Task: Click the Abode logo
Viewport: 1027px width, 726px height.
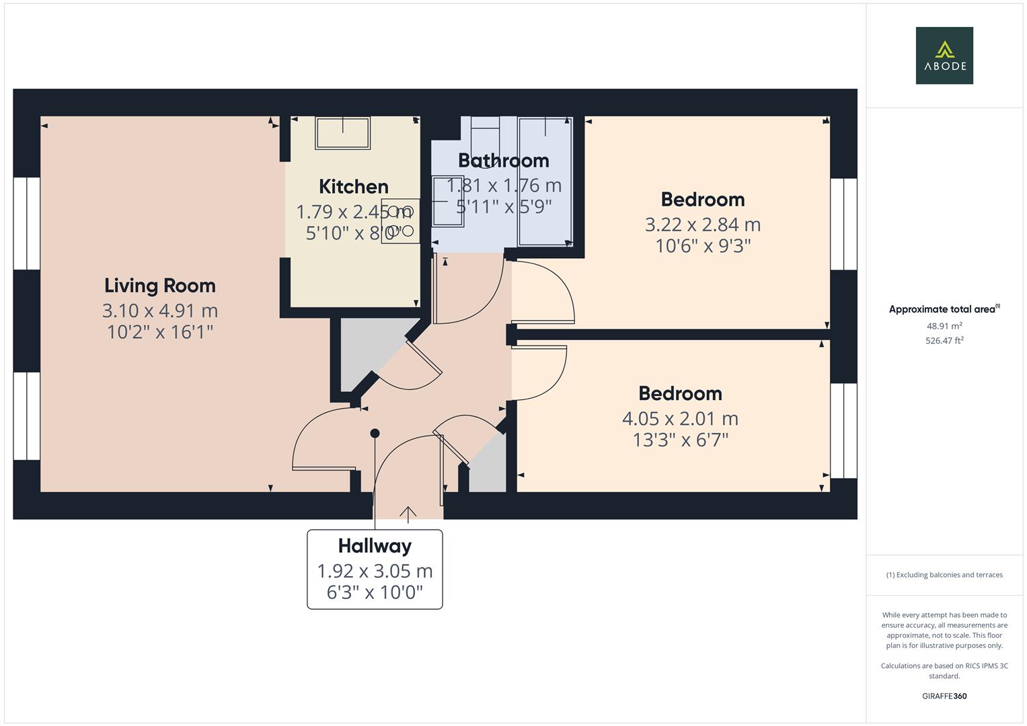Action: tap(944, 55)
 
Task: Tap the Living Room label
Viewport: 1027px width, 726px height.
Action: tap(160, 286)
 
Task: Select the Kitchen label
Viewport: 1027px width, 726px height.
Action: tap(353, 186)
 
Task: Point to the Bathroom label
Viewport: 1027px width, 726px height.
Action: tap(503, 161)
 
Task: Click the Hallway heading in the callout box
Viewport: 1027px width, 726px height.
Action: tap(375, 546)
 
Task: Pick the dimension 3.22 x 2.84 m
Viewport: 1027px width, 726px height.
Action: tap(703, 225)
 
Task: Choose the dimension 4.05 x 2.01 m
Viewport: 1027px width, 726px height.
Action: tap(680, 419)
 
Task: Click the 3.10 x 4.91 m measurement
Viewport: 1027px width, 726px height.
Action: tap(160, 311)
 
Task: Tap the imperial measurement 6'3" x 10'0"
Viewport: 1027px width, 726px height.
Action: tap(375, 592)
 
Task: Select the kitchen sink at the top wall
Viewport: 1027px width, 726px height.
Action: tap(343, 133)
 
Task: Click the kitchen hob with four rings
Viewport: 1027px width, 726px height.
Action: tap(400, 220)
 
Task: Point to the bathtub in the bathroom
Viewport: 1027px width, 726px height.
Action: tap(545, 182)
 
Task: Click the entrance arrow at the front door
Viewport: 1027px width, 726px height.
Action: tap(408, 514)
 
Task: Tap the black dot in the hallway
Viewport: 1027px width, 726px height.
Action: tap(375, 434)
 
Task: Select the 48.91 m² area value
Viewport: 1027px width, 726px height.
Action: tap(944, 326)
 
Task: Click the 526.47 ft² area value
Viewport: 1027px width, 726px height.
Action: tap(944, 341)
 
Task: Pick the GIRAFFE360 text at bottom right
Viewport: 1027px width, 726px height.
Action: tap(944, 696)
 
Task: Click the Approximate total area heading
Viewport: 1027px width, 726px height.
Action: tap(944, 309)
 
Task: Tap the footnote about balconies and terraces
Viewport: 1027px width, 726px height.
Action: tap(944, 575)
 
